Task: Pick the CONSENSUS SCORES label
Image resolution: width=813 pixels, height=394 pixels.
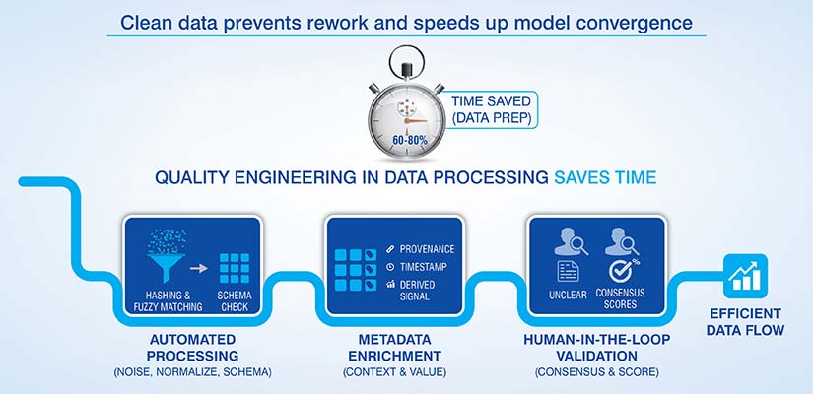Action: click(x=621, y=299)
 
